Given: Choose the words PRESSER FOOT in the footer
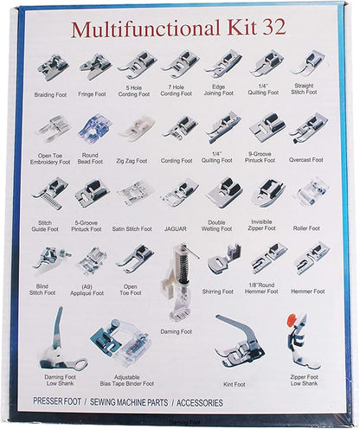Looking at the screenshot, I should pos(59,402).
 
